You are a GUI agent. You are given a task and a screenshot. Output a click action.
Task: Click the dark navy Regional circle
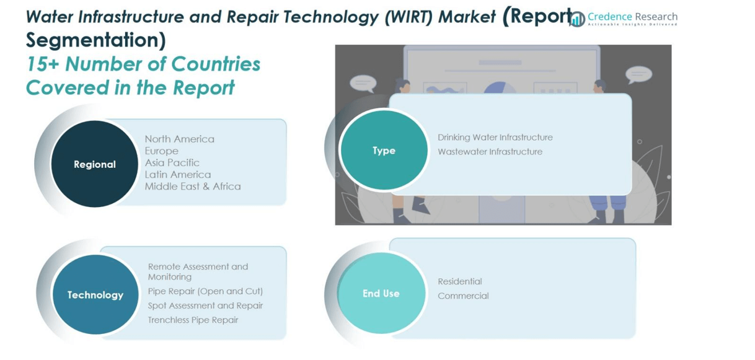click(x=95, y=164)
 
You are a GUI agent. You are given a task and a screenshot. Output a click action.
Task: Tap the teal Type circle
click(x=384, y=151)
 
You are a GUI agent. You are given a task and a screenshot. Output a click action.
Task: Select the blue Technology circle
click(x=95, y=295)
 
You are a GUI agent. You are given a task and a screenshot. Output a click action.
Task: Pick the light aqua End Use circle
click(x=381, y=293)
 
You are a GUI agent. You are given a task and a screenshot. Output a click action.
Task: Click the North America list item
click(x=179, y=139)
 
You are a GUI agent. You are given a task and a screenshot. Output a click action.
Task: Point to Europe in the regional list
click(x=161, y=151)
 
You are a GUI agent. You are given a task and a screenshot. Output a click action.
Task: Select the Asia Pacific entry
click(x=172, y=162)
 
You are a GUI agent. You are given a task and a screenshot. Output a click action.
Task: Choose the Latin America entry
click(x=177, y=174)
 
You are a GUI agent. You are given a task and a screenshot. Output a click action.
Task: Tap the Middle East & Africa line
click(x=192, y=186)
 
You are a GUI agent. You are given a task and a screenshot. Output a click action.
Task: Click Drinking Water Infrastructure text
click(x=495, y=137)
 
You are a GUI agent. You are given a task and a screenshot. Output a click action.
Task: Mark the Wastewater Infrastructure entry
click(x=490, y=151)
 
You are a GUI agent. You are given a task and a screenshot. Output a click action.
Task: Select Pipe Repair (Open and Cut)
click(x=205, y=291)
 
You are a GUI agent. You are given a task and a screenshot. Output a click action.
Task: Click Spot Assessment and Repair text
click(x=205, y=305)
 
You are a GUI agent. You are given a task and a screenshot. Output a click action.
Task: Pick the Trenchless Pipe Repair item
click(x=193, y=320)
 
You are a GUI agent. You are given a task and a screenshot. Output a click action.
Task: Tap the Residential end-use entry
click(x=459, y=281)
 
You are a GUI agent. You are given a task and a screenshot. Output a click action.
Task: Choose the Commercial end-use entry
click(x=463, y=296)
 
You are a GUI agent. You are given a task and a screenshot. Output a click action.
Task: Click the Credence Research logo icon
click(x=577, y=19)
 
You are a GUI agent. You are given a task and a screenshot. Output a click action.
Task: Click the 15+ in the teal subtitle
click(x=42, y=64)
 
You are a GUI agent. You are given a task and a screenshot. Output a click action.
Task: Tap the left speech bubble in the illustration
click(x=363, y=83)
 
